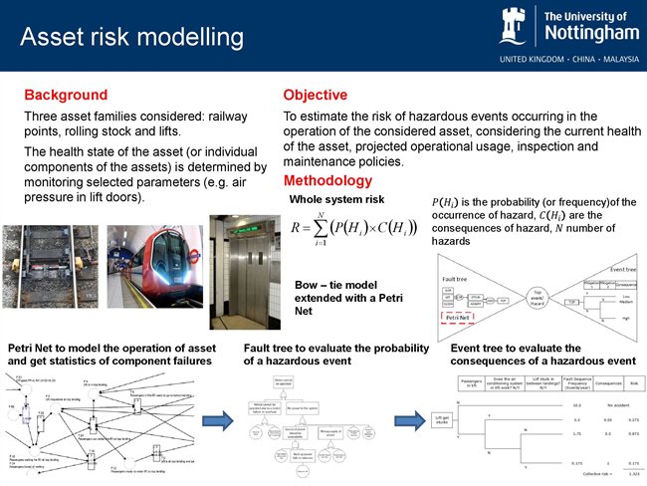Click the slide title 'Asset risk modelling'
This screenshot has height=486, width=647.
[132, 37]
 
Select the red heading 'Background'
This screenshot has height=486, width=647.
[66, 96]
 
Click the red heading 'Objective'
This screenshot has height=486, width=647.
[316, 96]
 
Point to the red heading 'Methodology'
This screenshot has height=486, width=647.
[328, 181]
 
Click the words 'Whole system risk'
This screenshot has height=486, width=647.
[336, 200]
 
